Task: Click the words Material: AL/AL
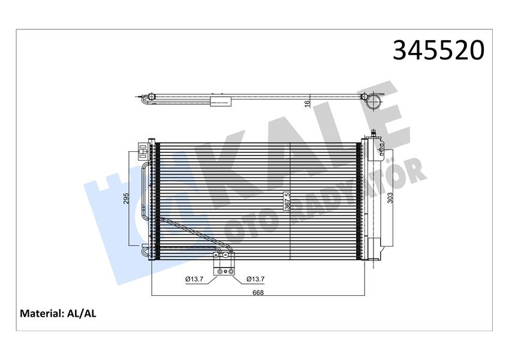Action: point(58,313)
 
